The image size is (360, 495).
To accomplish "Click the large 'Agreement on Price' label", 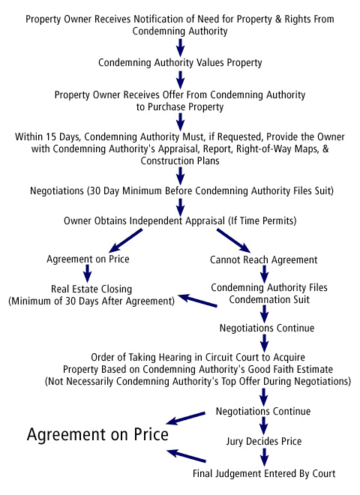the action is point(97,435).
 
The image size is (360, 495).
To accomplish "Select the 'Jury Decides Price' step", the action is point(264,441).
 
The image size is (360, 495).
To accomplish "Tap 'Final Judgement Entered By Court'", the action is point(264,473).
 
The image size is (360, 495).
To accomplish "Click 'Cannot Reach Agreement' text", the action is point(264,259).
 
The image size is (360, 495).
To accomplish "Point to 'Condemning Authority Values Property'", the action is point(180,62).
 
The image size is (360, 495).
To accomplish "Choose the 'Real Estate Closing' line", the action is point(91,289).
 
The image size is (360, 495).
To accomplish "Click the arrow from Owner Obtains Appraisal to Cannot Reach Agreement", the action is point(234,241).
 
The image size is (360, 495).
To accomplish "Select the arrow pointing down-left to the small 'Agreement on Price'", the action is point(126,241).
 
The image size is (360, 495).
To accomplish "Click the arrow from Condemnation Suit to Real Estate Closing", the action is point(197,301).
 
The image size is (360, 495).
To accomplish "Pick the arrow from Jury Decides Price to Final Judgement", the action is point(264,457).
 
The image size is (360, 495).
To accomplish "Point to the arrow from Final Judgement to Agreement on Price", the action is point(186,456).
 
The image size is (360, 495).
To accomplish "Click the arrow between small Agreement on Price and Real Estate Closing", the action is point(88,274).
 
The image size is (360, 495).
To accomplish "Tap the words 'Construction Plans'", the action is point(180,160).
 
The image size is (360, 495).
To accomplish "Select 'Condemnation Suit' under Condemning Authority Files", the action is point(269,299).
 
